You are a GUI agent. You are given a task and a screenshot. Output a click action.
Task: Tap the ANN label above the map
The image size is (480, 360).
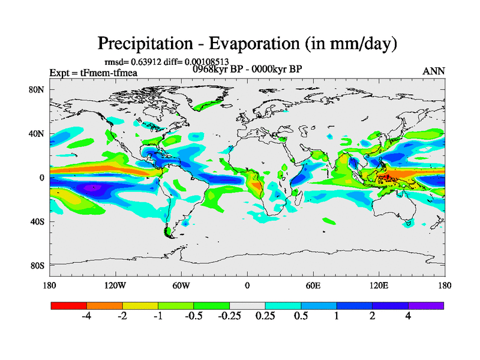point(434,71)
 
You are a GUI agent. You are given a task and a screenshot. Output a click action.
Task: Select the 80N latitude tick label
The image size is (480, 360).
point(38,90)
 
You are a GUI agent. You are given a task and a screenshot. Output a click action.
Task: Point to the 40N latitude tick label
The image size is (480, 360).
point(38,134)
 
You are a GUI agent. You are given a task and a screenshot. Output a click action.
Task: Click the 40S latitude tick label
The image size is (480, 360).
point(38,222)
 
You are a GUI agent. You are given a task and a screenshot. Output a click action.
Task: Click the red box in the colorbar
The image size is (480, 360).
point(69,305)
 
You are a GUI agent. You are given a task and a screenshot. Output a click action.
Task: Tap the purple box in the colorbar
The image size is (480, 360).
point(426,305)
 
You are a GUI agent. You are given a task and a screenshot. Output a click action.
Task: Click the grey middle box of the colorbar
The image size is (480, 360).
point(247,305)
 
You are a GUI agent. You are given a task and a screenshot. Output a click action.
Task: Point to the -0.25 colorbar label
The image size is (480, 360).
point(229,316)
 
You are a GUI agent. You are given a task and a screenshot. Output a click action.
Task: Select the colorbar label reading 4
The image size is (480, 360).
point(408,316)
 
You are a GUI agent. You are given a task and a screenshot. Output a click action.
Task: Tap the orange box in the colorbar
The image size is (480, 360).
point(104,305)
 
